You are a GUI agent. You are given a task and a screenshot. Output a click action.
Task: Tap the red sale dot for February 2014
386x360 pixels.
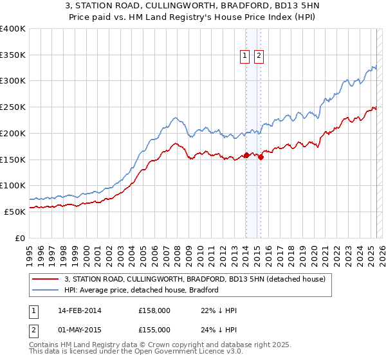[246, 155]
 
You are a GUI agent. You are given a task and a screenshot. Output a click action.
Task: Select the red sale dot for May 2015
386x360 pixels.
[261, 157]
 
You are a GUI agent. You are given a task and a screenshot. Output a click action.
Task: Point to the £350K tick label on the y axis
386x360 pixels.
[13, 55]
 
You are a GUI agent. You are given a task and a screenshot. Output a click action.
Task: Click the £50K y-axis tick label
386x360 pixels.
[15, 211]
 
